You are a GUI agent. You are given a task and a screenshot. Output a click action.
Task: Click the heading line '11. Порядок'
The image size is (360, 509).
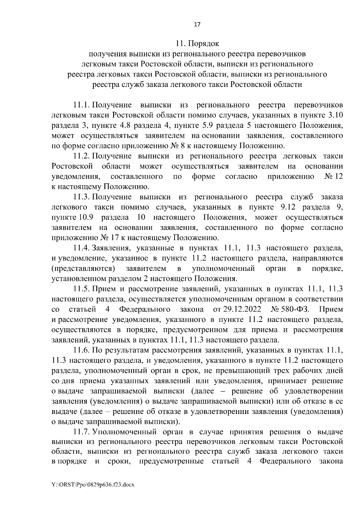198,44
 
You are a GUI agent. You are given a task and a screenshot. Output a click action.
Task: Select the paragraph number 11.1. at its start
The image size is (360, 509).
82,105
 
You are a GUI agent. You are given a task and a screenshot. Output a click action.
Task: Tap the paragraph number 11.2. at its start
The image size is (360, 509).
82,156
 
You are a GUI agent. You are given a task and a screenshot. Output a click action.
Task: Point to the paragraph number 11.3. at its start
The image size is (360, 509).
82,197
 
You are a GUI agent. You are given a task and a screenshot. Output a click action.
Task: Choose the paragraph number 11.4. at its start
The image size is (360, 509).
82,248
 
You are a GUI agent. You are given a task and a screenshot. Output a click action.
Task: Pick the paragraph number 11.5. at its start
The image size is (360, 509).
82,289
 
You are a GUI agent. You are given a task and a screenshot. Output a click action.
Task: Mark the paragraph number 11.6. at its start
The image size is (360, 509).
82,350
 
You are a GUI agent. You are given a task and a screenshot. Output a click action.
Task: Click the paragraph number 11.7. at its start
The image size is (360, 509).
82,432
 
